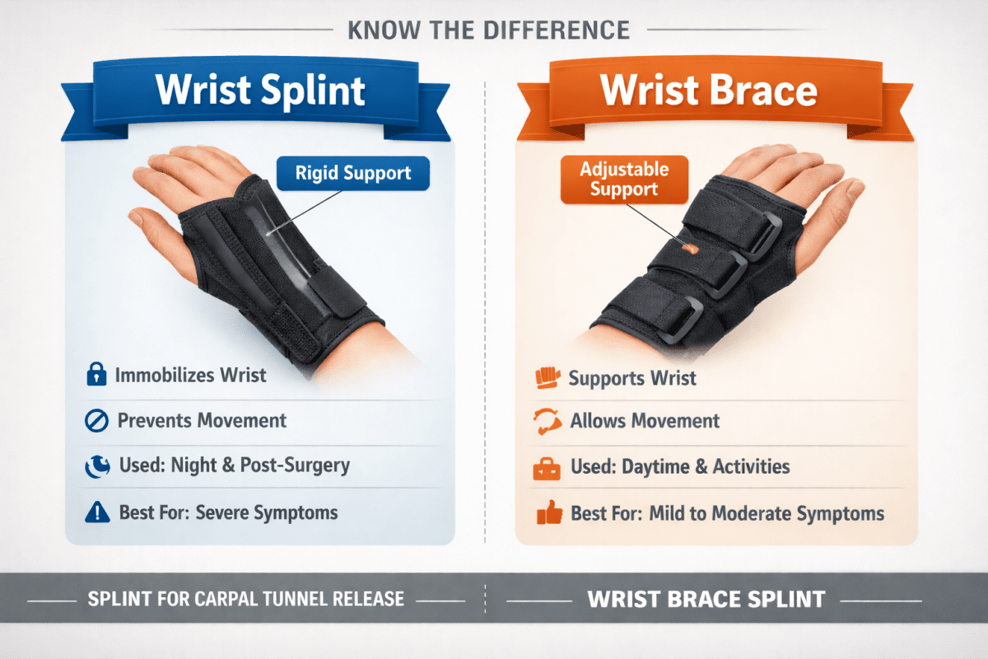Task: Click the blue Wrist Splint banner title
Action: click(x=261, y=90)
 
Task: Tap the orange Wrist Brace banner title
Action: click(x=709, y=90)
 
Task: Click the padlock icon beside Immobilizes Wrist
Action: click(x=96, y=376)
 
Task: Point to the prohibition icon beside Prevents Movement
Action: click(x=96, y=421)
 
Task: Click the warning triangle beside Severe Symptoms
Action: click(x=96, y=512)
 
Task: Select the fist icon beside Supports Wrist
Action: click(x=547, y=378)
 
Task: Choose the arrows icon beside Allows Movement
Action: click(x=547, y=422)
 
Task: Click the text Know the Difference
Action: click(x=488, y=30)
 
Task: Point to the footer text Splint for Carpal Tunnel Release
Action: click(x=246, y=599)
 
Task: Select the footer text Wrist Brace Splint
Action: click(x=706, y=599)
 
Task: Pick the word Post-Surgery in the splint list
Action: click(x=295, y=465)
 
